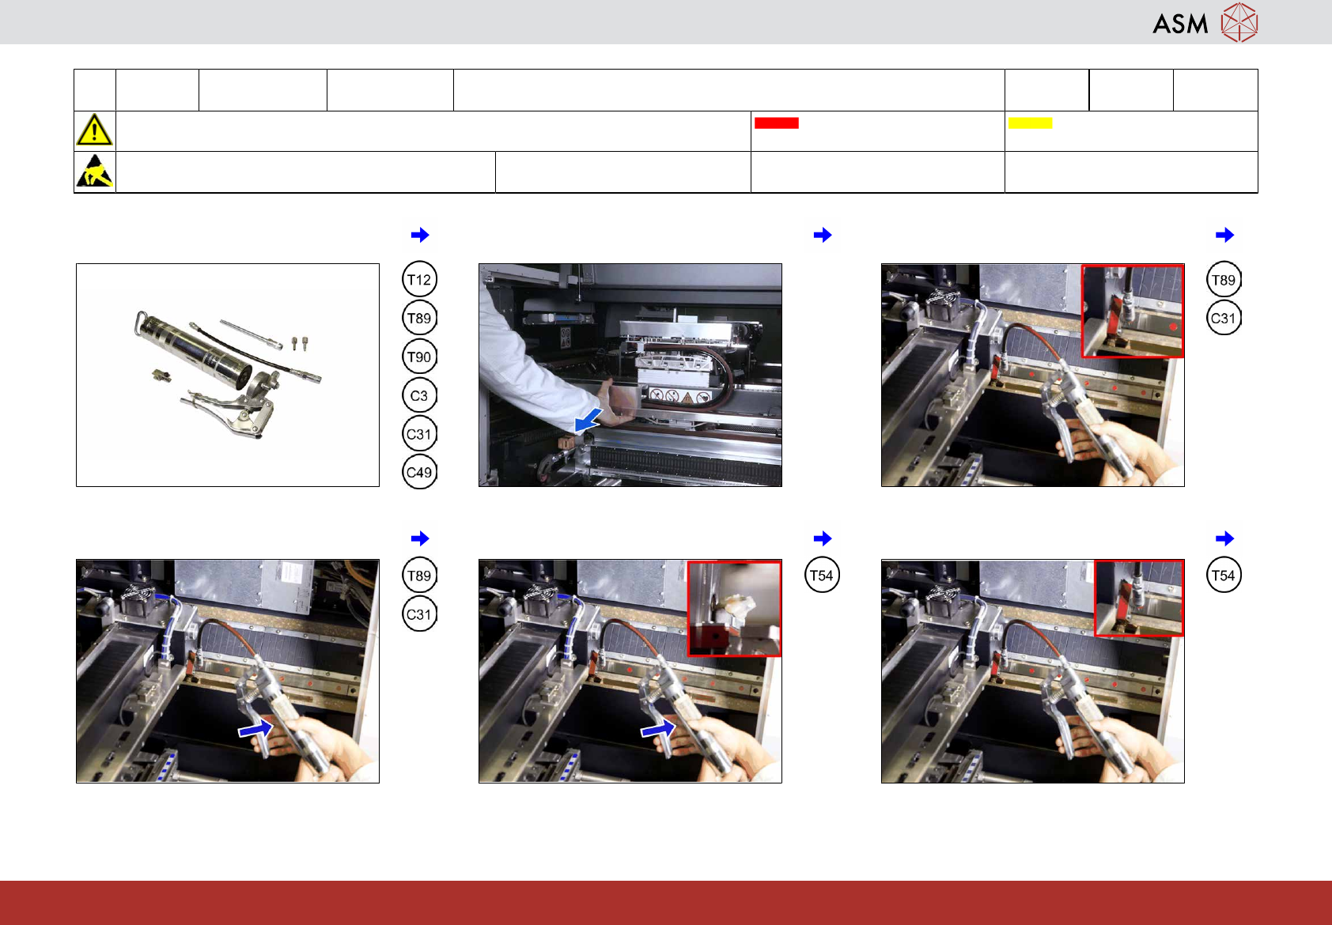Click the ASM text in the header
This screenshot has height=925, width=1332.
click(1180, 25)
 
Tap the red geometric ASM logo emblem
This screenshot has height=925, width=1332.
click(1239, 22)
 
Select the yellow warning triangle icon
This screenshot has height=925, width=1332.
click(94, 130)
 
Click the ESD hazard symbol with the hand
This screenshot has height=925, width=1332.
click(95, 172)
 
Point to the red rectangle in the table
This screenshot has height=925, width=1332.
click(776, 123)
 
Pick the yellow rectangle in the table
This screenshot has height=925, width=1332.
click(1030, 123)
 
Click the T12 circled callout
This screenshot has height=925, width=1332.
click(419, 279)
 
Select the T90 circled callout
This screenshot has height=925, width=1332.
click(419, 357)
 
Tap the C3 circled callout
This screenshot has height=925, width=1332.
click(419, 395)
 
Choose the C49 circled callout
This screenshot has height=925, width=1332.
click(419, 472)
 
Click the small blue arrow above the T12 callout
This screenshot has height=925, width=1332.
click(420, 235)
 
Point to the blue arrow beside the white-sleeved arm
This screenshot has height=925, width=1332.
click(588, 419)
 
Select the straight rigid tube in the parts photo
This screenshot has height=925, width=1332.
click(251, 334)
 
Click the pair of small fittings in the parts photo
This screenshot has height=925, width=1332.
click(299, 343)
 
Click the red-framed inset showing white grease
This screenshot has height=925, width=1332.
click(734, 609)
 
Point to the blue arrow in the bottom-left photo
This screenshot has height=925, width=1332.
click(255, 728)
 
